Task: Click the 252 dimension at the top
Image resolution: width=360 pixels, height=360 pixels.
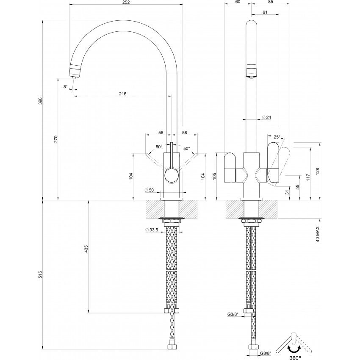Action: pyautogui.click(x=126, y=2)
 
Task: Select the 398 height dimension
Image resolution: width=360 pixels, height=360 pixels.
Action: pyautogui.click(x=40, y=102)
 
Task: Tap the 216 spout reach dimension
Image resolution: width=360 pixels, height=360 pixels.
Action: pyautogui.click(x=122, y=94)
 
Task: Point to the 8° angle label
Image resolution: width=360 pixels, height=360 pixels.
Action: pyautogui.click(x=66, y=86)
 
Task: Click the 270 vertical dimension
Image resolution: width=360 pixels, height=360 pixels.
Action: pyautogui.click(x=55, y=139)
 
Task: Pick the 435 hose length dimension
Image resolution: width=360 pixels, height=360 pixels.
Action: pyautogui.click(x=86, y=249)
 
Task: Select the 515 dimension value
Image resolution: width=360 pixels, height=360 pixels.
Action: pyautogui.click(x=40, y=274)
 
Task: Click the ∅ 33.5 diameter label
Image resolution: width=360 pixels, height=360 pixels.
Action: pyautogui.click(x=152, y=230)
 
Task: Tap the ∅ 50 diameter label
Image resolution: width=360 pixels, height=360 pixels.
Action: pyautogui.click(x=149, y=190)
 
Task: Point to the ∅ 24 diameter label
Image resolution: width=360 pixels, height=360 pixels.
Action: pyautogui.click(x=266, y=117)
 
